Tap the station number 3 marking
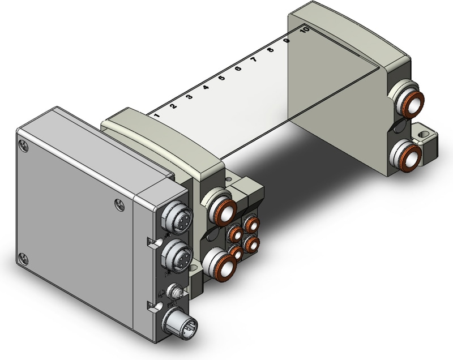[x=189, y=97]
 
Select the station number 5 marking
[x=221, y=79]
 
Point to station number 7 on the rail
[x=254, y=60]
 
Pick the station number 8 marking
[x=270, y=51]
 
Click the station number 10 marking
[x=304, y=31]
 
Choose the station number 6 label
[x=238, y=70]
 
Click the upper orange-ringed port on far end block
[x=411, y=102]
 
